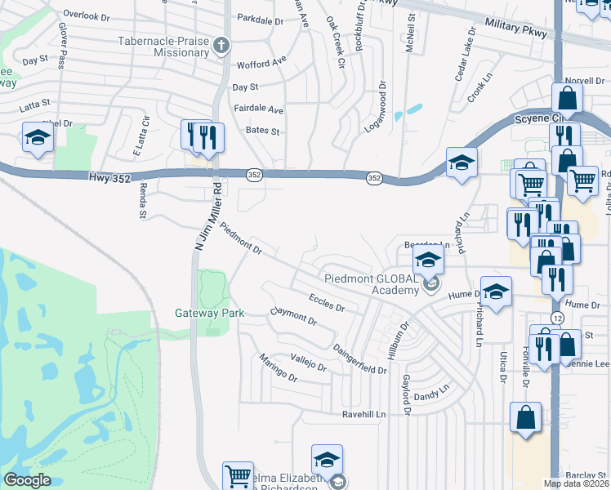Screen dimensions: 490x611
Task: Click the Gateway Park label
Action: click(198, 313)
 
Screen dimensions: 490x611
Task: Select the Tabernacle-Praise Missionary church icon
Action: click(221, 45)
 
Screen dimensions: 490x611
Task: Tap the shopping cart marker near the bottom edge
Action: click(238, 476)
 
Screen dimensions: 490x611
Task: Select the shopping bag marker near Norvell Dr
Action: click(567, 99)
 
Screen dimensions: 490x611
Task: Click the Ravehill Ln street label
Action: click(352, 415)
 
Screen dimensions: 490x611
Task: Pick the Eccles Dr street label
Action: click(327, 303)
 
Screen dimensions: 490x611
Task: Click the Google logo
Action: click(27, 480)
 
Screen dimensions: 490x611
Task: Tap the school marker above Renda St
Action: click(38, 139)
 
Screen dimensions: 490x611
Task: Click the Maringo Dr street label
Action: click(278, 368)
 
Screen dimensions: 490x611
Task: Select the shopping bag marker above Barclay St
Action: click(525, 418)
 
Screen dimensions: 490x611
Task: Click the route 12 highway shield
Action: click(555, 317)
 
